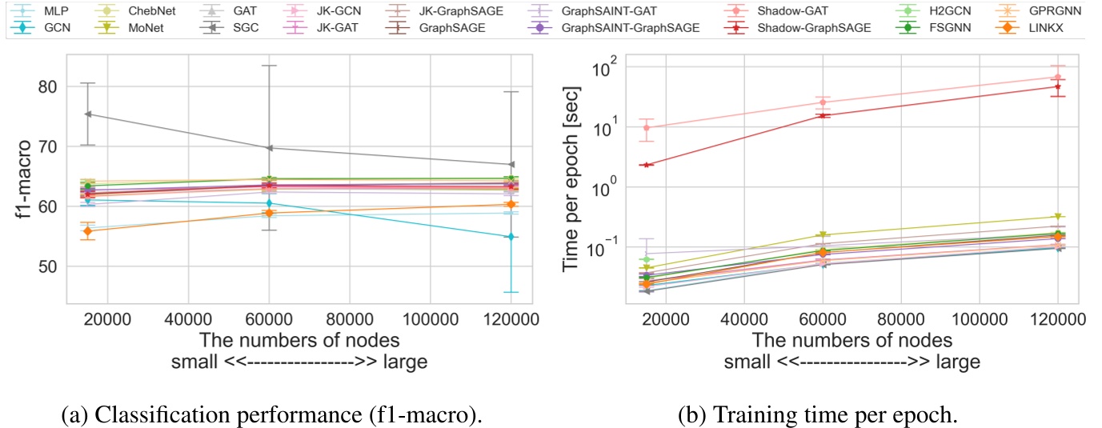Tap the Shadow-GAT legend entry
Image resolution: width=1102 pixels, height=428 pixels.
815,11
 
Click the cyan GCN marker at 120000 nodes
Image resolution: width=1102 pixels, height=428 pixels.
511,237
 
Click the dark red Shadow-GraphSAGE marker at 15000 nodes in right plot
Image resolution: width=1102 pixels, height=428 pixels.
646,165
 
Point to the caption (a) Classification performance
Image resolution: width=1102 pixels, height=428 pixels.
272,415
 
